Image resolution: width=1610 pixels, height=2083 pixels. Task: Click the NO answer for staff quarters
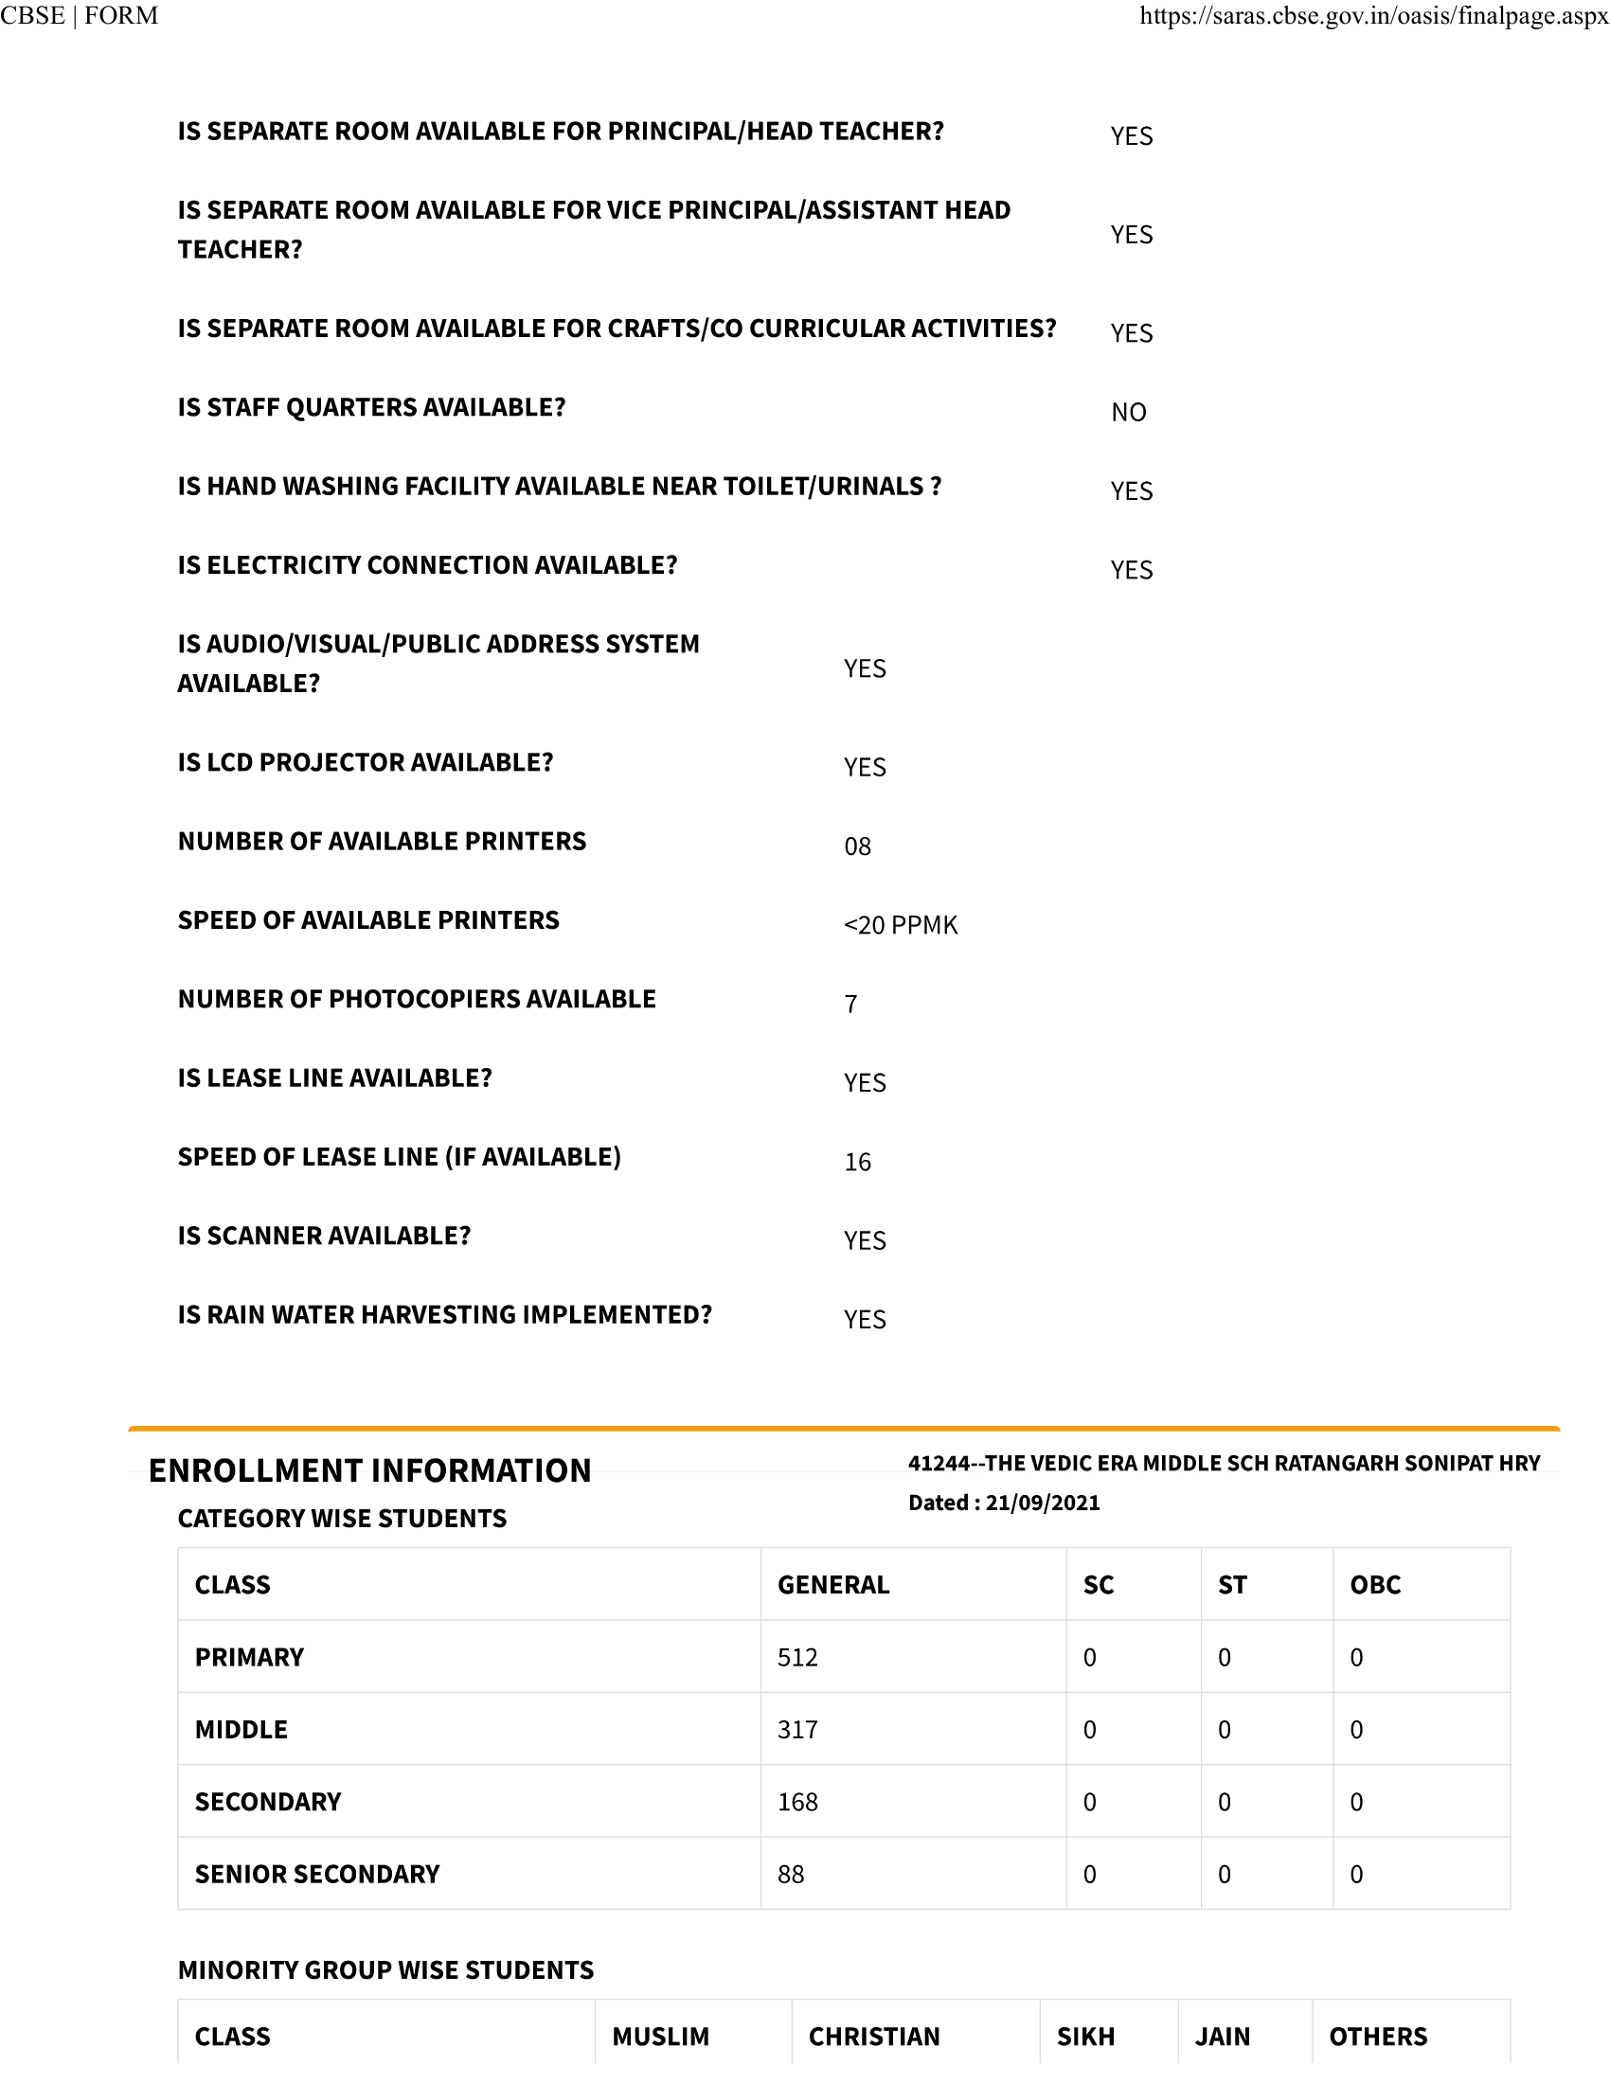tap(1128, 412)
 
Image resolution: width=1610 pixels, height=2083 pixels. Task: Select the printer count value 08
tap(856, 846)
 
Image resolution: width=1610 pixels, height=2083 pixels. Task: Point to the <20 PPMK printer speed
tap(901, 925)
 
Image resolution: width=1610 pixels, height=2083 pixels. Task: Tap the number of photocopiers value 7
tap(850, 1005)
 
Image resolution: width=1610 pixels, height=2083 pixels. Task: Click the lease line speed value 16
tap(856, 1162)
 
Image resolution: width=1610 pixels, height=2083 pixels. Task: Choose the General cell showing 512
tap(797, 1658)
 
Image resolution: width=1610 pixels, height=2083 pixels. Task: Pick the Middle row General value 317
tap(797, 1730)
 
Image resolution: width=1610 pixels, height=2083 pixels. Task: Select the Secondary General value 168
tap(797, 1803)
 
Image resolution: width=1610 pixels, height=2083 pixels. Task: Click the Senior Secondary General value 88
tap(791, 1875)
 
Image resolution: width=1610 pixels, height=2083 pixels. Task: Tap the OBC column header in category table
tap(1375, 1585)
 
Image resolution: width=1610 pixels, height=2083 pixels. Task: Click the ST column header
tap(1232, 1585)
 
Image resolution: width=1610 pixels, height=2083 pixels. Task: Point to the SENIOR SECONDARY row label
tap(316, 1875)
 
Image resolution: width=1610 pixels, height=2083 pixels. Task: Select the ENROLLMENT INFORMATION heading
tap(370, 1470)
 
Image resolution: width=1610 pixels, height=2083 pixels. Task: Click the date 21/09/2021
tap(1043, 1504)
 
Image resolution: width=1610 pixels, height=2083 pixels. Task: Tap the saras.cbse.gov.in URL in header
tap(1373, 16)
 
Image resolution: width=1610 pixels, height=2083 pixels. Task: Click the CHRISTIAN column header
tap(874, 2038)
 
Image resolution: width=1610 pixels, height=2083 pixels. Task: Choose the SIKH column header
tap(1085, 2038)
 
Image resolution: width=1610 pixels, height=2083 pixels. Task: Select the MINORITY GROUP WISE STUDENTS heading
tap(385, 1970)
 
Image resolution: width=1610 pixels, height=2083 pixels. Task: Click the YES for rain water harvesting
tap(864, 1319)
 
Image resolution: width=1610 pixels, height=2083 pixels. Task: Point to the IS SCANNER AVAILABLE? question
tap(324, 1236)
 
